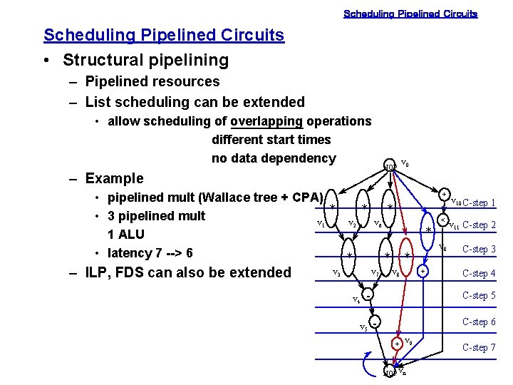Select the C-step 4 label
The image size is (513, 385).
[480, 273]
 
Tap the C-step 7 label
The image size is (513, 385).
[480, 347]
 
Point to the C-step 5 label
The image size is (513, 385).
[480, 296]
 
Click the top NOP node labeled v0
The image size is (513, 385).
[390, 167]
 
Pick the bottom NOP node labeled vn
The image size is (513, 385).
[390, 372]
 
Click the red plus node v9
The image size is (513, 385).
[397, 344]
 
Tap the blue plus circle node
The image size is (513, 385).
[423, 272]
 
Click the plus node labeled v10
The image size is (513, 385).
[443, 194]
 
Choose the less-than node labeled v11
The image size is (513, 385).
[442, 220]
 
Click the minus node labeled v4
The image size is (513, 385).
[367, 294]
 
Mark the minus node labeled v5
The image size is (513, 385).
[374, 322]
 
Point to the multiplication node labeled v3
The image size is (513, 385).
[349, 255]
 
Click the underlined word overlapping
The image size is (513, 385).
[266, 121]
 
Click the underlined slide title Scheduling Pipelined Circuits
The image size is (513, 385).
[163, 35]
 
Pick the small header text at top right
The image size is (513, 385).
[410, 14]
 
